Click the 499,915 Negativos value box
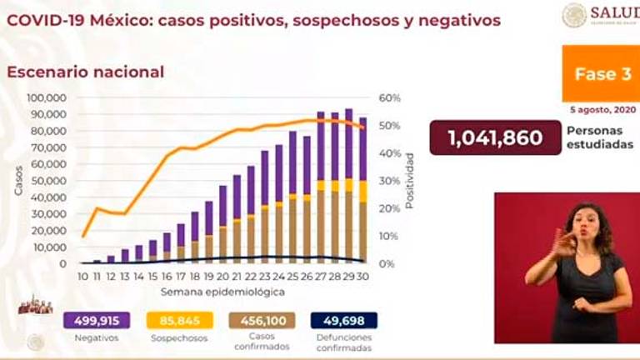[x=97, y=321]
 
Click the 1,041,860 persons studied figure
[x=496, y=137]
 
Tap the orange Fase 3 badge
[x=599, y=74]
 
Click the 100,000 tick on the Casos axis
[x=47, y=98]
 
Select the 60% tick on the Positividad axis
[x=390, y=98]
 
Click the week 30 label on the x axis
[x=362, y=277]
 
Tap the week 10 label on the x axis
[x=83, y=277]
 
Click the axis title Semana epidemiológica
[x=223, y=292]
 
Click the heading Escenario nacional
[x=86, y=72]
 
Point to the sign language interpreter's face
[x=582, y=223]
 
